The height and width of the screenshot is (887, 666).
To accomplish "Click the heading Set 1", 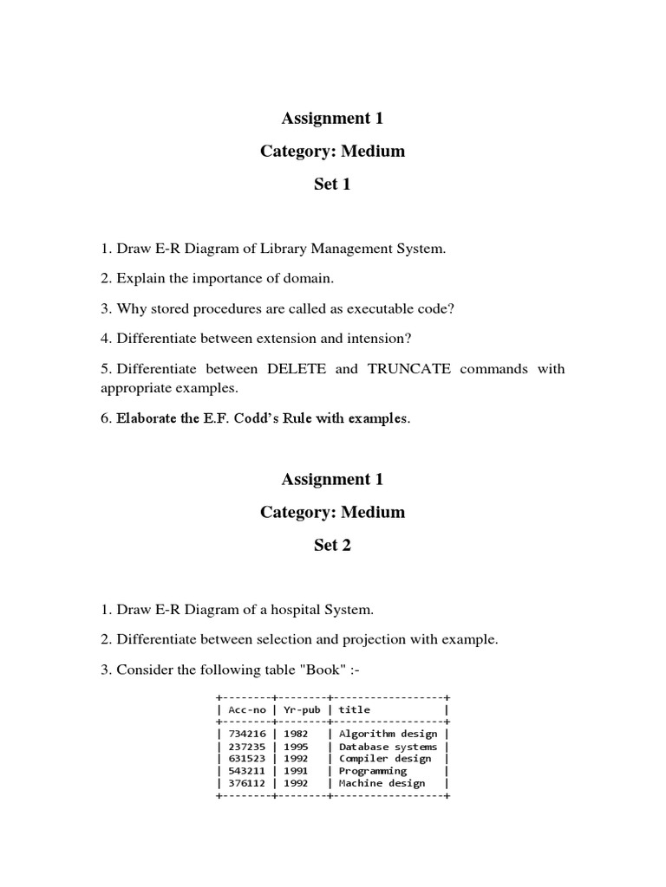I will (x=332, y=185).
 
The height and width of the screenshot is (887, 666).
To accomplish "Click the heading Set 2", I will (x=332, y=545).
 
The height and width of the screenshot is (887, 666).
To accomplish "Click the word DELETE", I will (x=298, y=368).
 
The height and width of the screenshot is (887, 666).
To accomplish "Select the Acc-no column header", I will (x=246, y=709).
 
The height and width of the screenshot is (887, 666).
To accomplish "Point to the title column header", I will (x=354, y=709).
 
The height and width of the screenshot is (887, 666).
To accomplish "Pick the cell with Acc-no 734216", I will (x=244, y=734).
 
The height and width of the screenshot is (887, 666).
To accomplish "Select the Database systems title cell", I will (x=388, y=746).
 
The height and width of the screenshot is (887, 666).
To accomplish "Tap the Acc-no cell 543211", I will (x=244, y=770).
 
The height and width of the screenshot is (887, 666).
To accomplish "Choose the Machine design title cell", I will (x=382, y=783).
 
